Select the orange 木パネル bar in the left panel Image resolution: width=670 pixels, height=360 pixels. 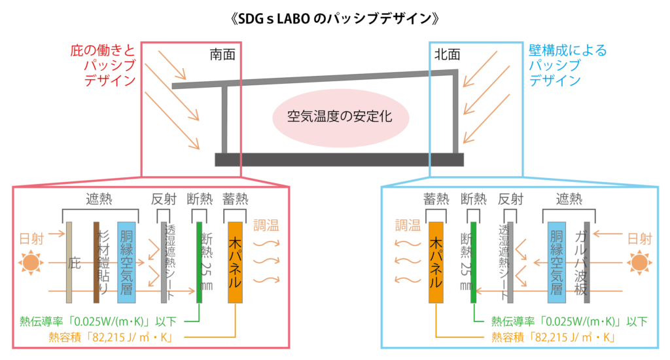(x=236, y=262)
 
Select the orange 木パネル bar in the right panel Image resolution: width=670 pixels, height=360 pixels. (x=436, y=262)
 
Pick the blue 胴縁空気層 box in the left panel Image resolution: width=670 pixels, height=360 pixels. (x=126, y=262)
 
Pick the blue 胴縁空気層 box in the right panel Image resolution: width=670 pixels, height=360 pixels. (x=556, y=262)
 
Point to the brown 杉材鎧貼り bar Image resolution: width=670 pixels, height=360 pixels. (x=96, y=262)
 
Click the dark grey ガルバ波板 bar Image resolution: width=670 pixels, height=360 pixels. (x=586, y=262)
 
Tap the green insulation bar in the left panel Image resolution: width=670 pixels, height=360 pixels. (x=200, y=262)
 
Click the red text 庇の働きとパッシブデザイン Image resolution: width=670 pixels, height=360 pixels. (x=103, y=65)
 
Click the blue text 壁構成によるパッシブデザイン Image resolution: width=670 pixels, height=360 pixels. (x=566, y=65)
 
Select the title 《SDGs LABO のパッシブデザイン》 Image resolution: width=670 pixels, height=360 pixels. (x=335, y=18)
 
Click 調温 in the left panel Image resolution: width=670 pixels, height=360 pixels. (x=265, y=226)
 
